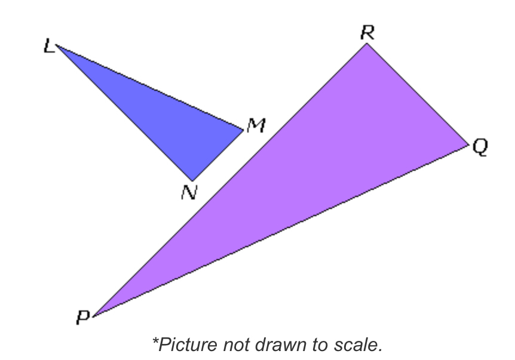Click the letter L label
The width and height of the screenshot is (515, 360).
[x=49, y=47]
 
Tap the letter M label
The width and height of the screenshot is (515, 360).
[x=256, y=125]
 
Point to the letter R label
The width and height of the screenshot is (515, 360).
[x=367, y=33]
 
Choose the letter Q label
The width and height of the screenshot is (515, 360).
[x=480, y=147]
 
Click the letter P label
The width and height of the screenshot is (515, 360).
[x=82, y=318]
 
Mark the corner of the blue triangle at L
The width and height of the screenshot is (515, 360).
[x=57, y=47]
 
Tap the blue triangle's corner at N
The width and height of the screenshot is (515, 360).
[x=192, y=180]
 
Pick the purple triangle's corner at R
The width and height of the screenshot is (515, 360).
[x=366, y=44]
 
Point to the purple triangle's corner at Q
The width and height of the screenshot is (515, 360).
[x=468, y=144]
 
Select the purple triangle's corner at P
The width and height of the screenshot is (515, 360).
[x=93, y=315]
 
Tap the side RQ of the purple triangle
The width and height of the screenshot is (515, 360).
[x=418, y=94]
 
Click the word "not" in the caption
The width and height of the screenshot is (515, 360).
[x=239, y=344]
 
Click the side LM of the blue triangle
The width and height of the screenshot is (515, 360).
[x=149, y=88]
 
